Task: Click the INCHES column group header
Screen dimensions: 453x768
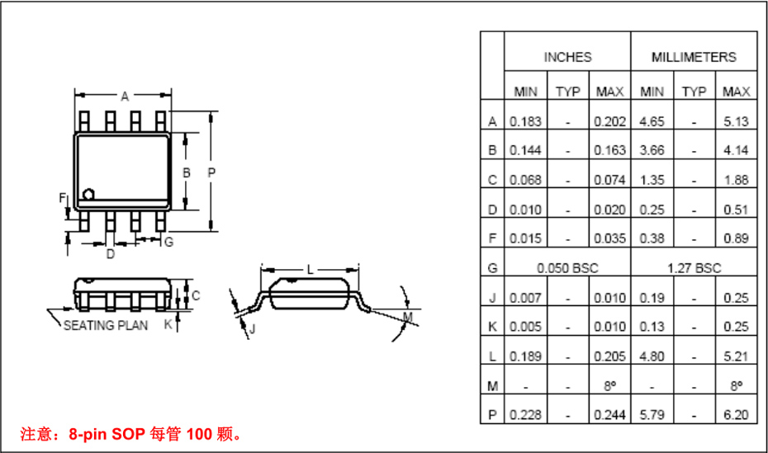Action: click(x=567, y=57)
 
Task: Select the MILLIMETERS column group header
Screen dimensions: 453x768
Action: click(x=694, y=57)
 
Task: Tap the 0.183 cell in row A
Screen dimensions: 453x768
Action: click(x=525, y=121)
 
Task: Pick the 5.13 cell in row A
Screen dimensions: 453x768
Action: click(x=736, y=121)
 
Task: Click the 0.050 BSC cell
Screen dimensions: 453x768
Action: click(x=567, y=268)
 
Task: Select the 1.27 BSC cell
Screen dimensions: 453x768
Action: click(x=694, y=268)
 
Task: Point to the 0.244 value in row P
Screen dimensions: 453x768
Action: click(x=609, y=415)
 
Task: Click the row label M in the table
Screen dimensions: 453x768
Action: click(x=492, y=385)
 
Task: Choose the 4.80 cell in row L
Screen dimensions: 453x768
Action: click(x=652, y=356)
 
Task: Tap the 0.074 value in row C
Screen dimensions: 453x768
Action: click(x=609, y=180)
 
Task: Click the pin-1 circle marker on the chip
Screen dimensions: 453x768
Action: click(x=89, y=194)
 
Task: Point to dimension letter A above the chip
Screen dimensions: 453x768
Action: click(x=125, y=97)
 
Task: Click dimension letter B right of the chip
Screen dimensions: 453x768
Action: click(x=187, y=172)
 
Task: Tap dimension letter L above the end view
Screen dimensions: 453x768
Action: click(x=311, y=270)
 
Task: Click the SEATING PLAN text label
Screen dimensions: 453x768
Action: click(x=106, y=325)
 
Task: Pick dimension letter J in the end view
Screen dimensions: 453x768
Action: click(x=252, y=329)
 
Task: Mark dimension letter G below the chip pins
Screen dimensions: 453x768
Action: click(x=168, y=242)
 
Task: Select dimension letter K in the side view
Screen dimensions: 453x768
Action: click(x=168, y=324)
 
